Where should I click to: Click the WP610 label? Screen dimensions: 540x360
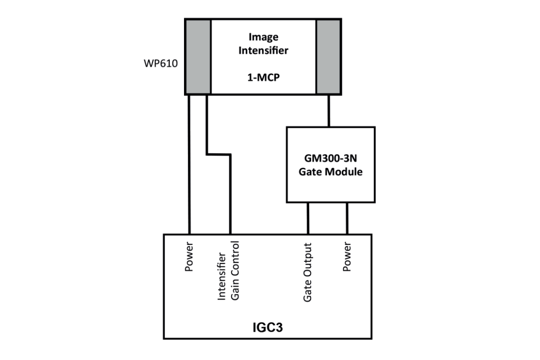coord(161,63)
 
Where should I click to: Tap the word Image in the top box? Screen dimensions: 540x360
coord(264,37)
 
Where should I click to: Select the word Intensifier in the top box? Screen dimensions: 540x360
coord(263,51)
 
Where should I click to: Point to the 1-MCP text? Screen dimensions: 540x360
coord(264,77)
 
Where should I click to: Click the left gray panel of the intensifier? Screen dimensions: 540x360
coord(198,57)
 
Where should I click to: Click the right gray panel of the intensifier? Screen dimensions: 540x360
coord(328,57)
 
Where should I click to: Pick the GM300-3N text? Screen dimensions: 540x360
coord(330,158)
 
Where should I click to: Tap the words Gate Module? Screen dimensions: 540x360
coord(330,172)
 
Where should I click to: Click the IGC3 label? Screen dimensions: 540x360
coord(268,327)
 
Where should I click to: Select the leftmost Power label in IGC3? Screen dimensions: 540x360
coord(189,257)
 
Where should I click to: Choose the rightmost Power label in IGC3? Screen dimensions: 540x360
coord(347,257)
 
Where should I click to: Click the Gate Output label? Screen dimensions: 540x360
coord(307,272)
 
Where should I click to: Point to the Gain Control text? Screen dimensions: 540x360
coord(235,270)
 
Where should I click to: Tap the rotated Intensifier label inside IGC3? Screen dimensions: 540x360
coord(221,276)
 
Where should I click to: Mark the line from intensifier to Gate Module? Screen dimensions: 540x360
coord(329,111)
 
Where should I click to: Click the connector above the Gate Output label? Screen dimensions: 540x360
coord(308,218)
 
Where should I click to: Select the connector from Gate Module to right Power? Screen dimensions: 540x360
coord(347,218)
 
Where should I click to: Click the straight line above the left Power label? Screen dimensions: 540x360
coord(189,164)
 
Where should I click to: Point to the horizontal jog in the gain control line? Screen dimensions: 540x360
coord(219,154)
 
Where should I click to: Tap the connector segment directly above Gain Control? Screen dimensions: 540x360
coord(230,194)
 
